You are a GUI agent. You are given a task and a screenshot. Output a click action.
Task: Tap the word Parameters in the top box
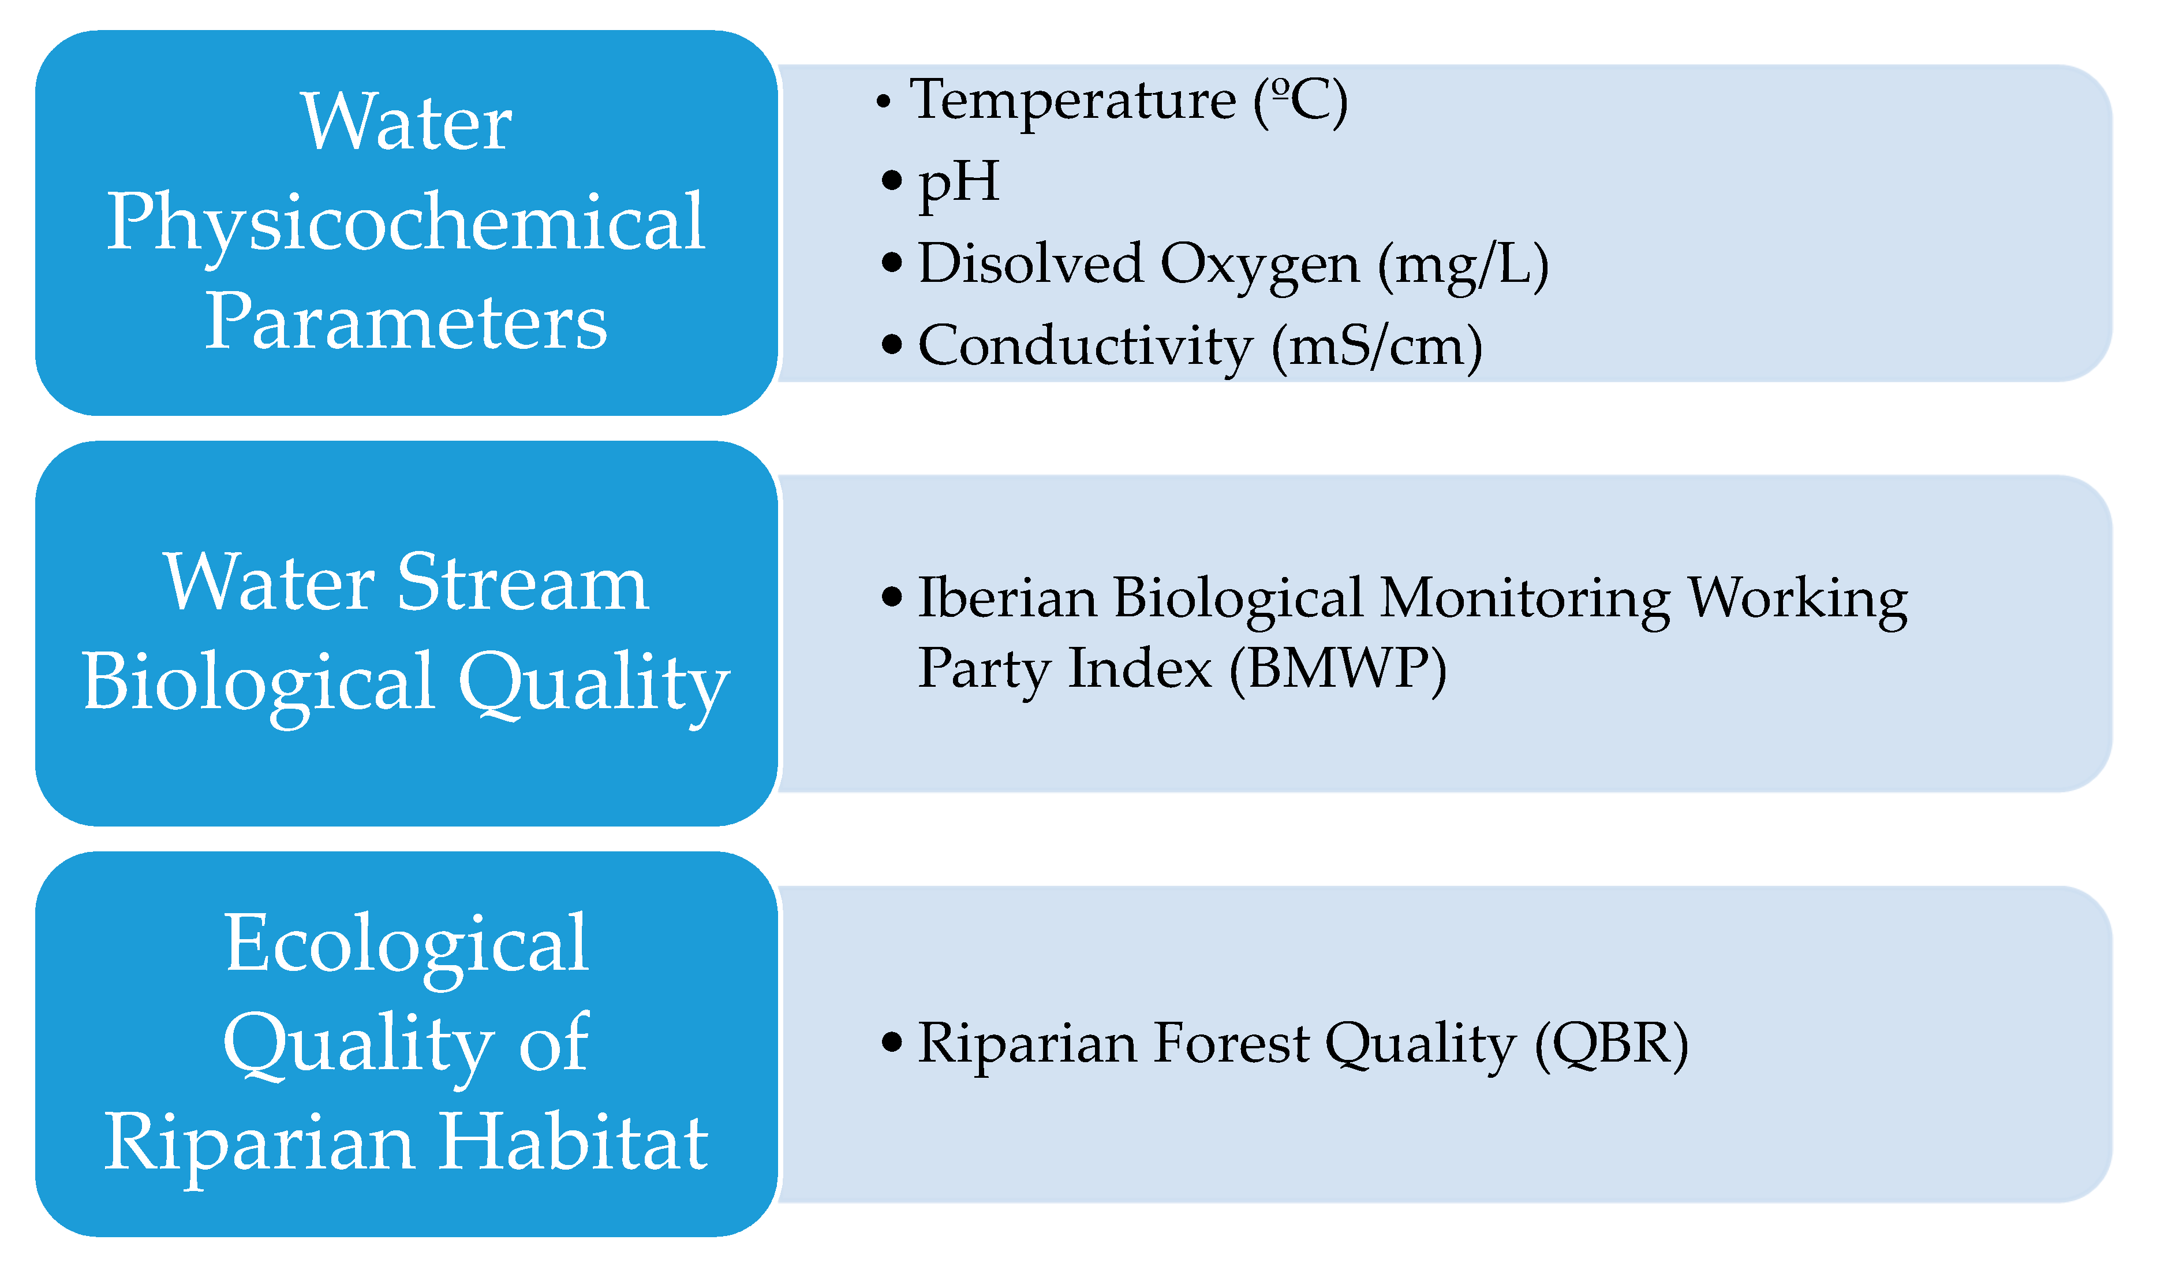pos(405,322)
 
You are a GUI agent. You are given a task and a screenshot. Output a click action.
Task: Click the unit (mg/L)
pos(1463,266)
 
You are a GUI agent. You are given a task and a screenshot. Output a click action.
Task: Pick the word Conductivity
pos(1085,347)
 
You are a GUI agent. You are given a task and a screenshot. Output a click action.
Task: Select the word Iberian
pos(1007,598)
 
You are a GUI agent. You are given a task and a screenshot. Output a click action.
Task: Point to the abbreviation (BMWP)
pos(1339,670)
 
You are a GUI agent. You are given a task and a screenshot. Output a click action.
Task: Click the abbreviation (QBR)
pos(1611,1045)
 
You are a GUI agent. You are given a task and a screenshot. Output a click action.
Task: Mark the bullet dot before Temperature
pos(883,102)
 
